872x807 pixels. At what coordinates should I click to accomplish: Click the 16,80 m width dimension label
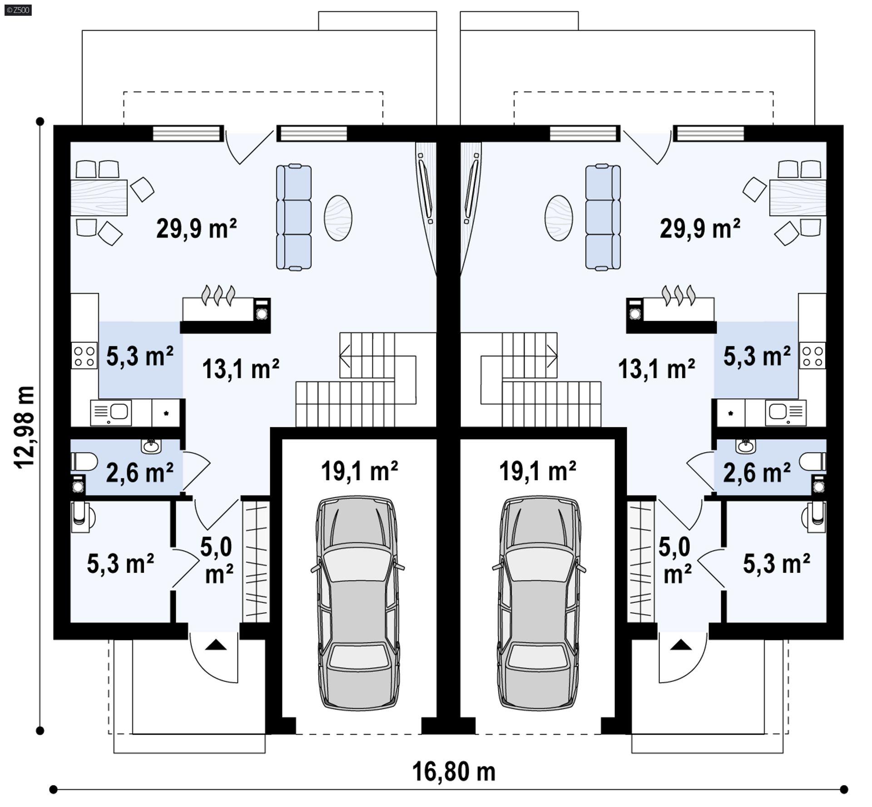(x=453, y=772)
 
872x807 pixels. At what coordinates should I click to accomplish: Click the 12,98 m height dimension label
(x=25, y=427)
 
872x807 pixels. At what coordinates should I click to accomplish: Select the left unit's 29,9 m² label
(x=196, y=228)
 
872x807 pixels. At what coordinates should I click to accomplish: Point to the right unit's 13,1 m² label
(x=656, y=369)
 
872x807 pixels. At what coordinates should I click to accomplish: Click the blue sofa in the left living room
(x=294, y=217)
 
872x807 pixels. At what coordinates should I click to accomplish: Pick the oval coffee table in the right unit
(x=559, y=218)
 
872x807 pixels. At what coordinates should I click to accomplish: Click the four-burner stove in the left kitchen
(x=84, y=356)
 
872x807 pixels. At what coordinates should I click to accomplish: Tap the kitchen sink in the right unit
(x=786, y=413)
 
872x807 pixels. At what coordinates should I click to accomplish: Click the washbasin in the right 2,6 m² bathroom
(x=746, y=446)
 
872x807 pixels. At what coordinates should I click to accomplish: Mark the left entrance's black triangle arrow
(x=216, y=645)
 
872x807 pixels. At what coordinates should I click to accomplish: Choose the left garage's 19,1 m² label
(x=359, y=471)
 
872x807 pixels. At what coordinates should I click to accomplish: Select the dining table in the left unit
(x=99, y=197)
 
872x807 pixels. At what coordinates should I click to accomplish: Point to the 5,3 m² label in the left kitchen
(x=140, y=356)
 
